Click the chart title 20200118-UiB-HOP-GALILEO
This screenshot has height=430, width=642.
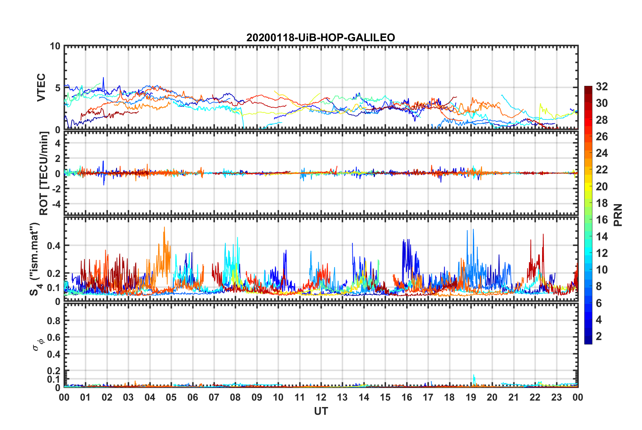coord(320,38)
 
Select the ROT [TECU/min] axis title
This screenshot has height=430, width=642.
coord(44,173)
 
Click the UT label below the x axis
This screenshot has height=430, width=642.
coord(321,411)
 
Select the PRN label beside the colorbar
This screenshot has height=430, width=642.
coord(618,215)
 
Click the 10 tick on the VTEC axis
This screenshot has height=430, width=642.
coord(55,46)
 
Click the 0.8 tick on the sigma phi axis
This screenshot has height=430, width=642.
coord(54,320)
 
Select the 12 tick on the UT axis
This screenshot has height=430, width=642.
coord(321,397)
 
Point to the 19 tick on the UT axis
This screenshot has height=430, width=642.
coord(471,397)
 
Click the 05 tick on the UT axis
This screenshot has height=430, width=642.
coord(171,397)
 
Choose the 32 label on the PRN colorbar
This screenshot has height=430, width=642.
coord(601,87)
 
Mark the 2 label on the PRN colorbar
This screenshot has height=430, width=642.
coord(599,336)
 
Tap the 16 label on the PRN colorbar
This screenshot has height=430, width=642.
coord(601,220)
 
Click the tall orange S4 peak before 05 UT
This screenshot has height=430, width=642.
coord(164,228)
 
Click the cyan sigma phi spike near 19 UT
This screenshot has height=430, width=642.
coord(474,375)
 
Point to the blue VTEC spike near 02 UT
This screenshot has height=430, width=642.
coord(103,78)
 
